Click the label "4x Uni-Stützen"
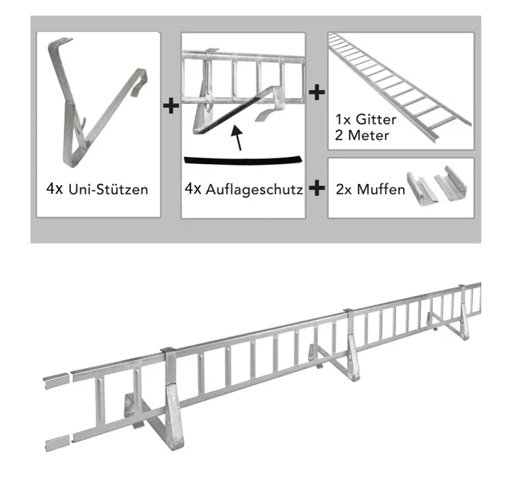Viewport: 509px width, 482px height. (97, 189)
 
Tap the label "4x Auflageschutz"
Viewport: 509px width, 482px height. (243, 189)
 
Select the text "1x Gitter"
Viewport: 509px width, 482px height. (366, 119)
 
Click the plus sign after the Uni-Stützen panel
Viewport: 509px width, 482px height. (170, 106)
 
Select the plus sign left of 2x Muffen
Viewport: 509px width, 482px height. (317, 188)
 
